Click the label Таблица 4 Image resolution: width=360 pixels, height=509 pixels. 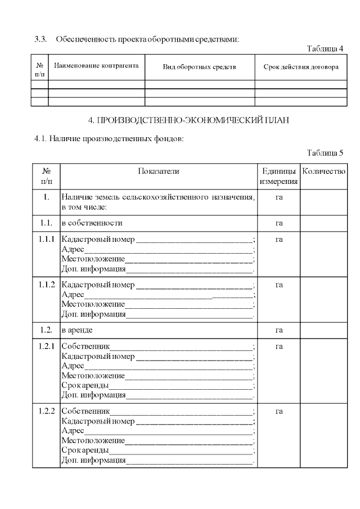[x=325, y=48]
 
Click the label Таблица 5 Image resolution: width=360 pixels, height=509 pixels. [x=325, y=152]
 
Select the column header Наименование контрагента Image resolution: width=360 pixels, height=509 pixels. [x=96, y=66]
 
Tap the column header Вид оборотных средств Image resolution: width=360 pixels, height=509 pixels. [x=200, y=67]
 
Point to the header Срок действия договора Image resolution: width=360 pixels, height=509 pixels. [x=301, y=67]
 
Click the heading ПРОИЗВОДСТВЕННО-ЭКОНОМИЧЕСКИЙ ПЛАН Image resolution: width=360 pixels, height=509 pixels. [x=189, y=121]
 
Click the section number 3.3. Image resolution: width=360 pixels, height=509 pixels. [x=40, y=39]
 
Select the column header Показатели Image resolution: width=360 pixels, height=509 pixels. [x=159, y=171]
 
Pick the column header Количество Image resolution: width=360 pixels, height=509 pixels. [x=323, y=171]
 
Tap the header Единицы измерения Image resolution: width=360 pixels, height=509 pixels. [x=278, y=176]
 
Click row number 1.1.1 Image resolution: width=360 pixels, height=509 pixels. [x=47, y=240]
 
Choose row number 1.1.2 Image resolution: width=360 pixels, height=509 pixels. [x=47, y=285]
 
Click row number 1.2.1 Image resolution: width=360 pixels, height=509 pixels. [x=47, y=346]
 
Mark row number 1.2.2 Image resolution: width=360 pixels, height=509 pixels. [x=47, y=411]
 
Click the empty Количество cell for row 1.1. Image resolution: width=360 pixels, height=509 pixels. [x=323, y=223]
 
